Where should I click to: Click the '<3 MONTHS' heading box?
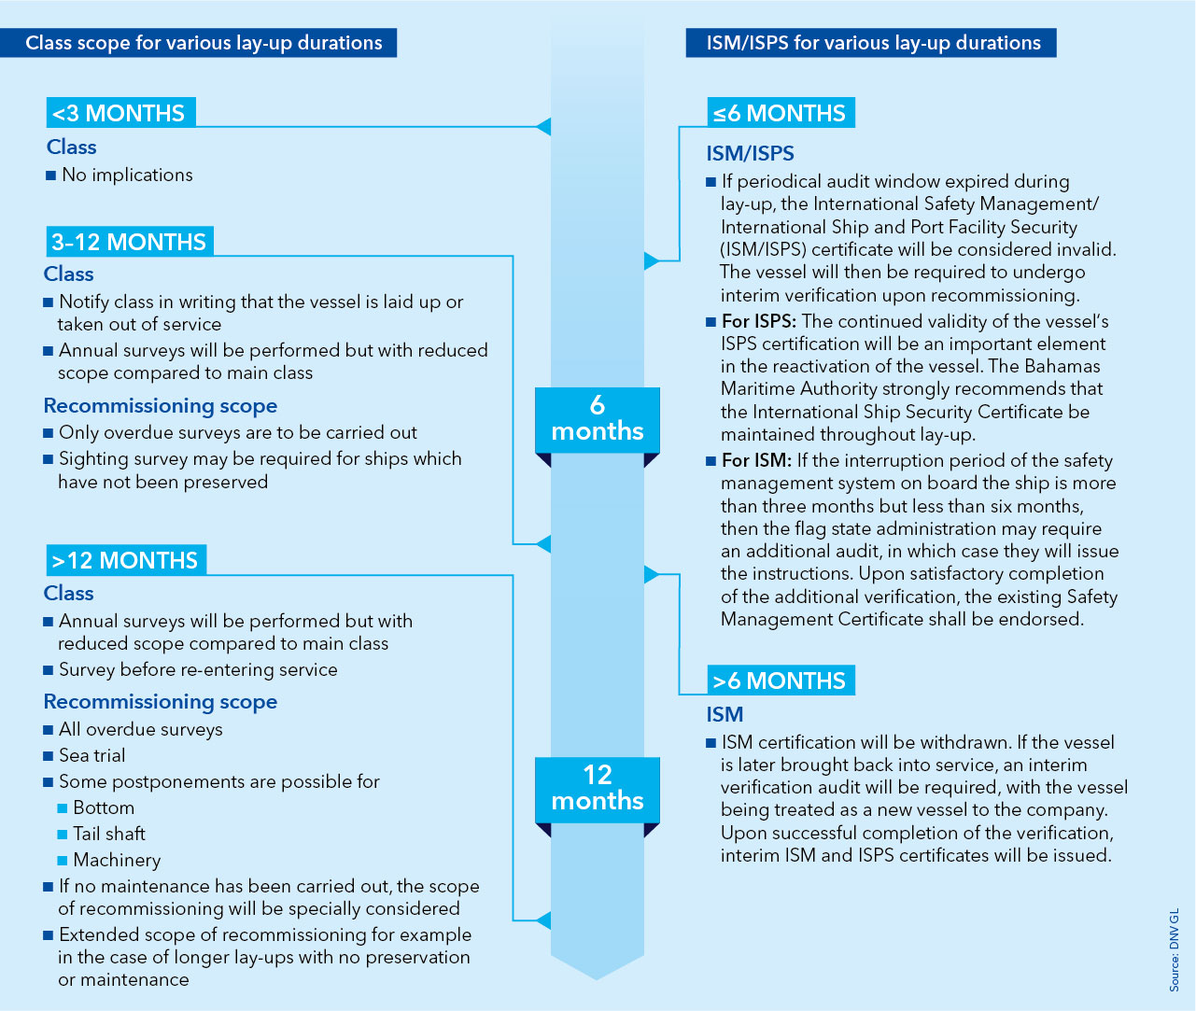click(x=120, y=113)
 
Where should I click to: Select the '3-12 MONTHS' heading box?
click(x=129, y=242)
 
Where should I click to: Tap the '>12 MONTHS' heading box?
click(x=125, y=560)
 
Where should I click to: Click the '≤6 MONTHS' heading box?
click(x=780, y=113)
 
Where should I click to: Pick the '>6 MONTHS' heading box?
click(x=780, y=681)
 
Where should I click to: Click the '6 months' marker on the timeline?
click(x=598, y=419)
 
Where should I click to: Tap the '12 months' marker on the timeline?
click(x=598, y=789)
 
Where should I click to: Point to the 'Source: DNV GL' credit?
click(x=1175, y=948)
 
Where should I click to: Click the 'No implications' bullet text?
click(x=127, y=176)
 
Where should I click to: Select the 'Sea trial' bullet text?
click(x=91, y=755)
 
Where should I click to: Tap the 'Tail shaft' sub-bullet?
click(x=109, y=834)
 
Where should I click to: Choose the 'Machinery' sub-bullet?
click(x=117, y=860)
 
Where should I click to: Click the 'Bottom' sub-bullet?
click(x=104, y=807)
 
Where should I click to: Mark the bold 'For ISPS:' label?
click(x=759, y=321)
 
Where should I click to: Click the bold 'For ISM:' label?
click(x=756, y=460)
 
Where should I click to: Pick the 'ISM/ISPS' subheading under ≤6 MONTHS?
click(x=750, y=154)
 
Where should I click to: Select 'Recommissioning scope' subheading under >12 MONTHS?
click(x=161, y=702)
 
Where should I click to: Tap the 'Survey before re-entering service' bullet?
click(x=198, y=669)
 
